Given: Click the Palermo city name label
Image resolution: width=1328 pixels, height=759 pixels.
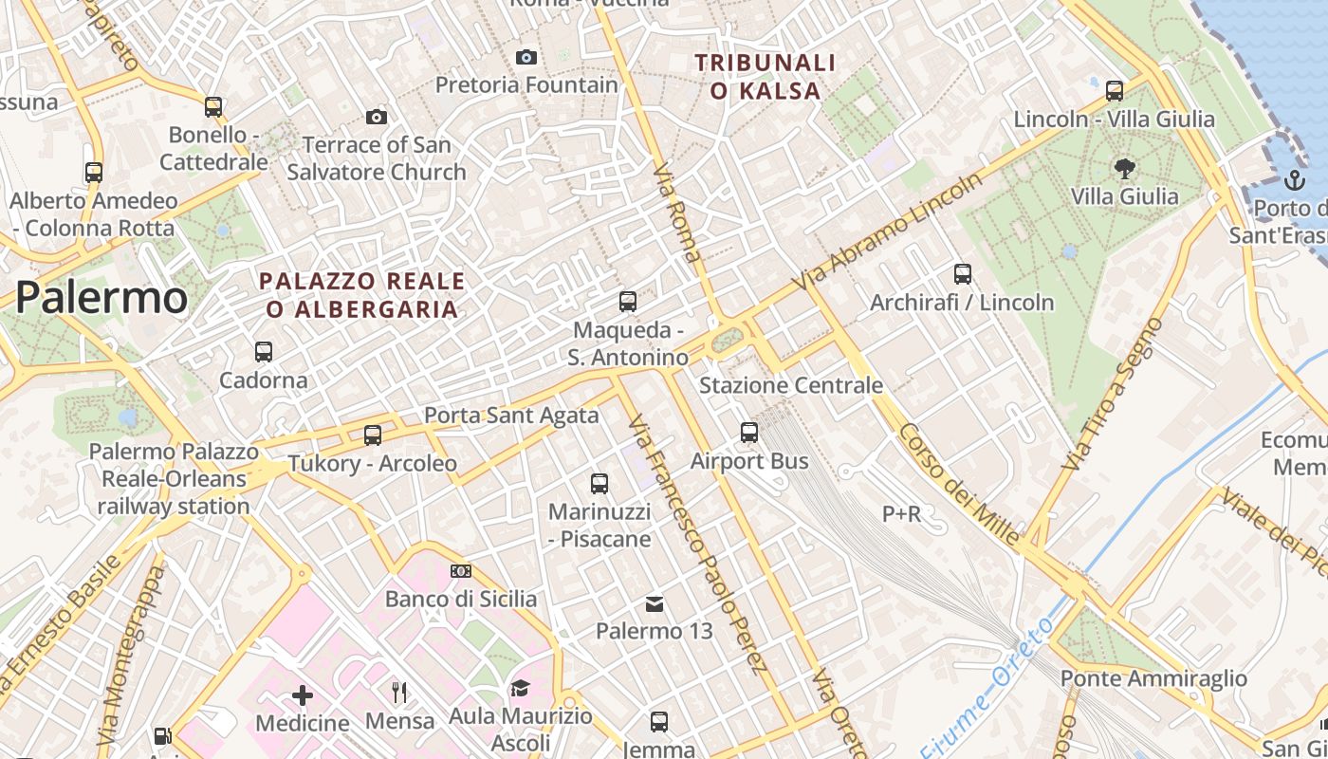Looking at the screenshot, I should click(x=101, y=298).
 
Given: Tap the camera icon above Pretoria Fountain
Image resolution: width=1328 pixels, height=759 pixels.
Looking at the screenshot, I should click(x=526, y=57).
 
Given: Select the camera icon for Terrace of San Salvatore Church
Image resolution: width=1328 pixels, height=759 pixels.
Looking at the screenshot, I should click(x=377, y=118).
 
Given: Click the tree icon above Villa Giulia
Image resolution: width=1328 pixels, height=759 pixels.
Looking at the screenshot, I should click(x=1125, y=169).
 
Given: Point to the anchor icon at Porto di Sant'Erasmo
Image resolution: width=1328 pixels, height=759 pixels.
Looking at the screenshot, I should click(x=1294, y=180).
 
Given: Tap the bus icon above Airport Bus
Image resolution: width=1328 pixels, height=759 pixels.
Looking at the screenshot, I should click(x=749, y=433).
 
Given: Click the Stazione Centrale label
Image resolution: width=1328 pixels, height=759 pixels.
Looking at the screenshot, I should click(x=791, y=385).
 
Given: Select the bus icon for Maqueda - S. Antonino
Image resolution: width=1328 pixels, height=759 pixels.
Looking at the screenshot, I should click(x=628, y=302).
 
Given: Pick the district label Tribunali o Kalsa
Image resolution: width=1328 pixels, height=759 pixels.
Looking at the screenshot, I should click(x=765, y=77).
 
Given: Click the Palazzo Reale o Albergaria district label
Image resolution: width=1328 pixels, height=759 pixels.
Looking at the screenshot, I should click(x=362, y=295).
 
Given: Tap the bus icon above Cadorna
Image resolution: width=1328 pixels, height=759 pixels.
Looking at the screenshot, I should click(x=264, y=352).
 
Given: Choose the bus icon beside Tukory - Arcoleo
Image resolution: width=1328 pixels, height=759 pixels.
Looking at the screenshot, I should click(x=373, y=435).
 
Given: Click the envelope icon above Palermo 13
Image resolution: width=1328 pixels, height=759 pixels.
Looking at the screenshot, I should click(x=655, y=603).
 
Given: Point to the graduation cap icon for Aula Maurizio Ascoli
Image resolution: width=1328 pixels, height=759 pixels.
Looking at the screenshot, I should click(x=520, y=688).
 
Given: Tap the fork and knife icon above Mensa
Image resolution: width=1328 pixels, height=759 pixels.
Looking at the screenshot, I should click(x=399, y=693).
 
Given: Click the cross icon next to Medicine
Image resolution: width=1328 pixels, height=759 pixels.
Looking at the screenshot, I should click(x=303, y=696).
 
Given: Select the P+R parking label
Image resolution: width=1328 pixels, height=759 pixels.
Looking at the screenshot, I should click(x=901, y=514).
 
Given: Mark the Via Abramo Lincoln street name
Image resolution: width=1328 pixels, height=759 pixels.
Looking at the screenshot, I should click(x=889, y=231).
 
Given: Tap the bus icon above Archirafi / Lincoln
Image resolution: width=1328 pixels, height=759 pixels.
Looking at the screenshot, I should click(x=963, y=274).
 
